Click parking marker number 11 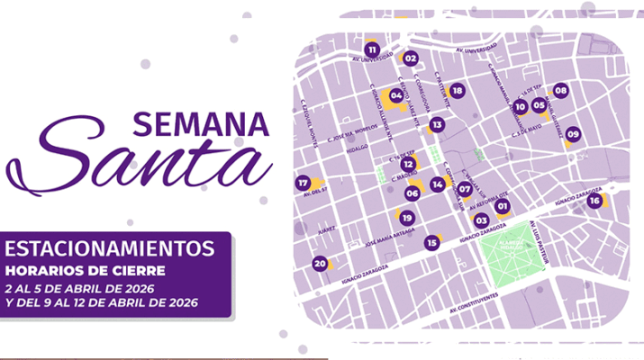click(x=372, y=49)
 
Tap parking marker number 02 click(x=411, y=58)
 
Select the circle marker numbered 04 click(x=395, y=94)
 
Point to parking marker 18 click(x=457, y=91)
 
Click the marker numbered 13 click(x=437, y=125)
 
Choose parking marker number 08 click(x=560, y=90)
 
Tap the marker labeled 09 click(x=573, y=135)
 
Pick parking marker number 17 click(x=303, y=183)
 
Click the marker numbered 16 click(x=594, y=201)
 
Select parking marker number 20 click(x=319, y=264)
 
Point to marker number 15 click(x=432, y=242)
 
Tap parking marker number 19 click(x=406, y=217)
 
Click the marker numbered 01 click(x=503, y=207)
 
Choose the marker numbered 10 click(x=520, y=106)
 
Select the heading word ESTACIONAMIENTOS click(x=110, y=246)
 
